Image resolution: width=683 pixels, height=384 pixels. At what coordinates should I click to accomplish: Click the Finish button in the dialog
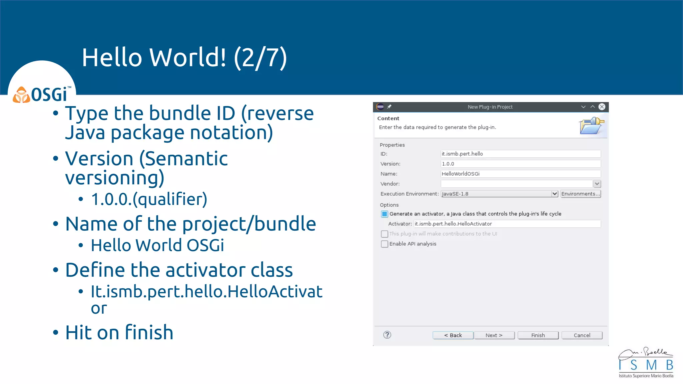click(x=538, y=335)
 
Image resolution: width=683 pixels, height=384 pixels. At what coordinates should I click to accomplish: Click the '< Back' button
click(x=453, y=335)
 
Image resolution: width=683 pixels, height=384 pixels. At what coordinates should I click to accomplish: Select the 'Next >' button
click(x=494, y=335)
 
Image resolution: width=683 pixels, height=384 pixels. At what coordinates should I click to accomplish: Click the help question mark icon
click(x=387, y=335)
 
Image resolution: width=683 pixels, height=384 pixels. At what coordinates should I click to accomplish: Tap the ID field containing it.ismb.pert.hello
click(x=520, y=154)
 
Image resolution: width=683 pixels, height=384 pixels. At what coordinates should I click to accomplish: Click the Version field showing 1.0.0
click(x=520, y=164)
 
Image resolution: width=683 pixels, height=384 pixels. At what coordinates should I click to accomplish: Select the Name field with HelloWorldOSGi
click(x=520, y=174)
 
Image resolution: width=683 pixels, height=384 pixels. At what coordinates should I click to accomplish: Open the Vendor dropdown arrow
click(x=597, y=184)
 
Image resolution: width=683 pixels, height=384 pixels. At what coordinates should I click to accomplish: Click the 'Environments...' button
click(x=581, y=194)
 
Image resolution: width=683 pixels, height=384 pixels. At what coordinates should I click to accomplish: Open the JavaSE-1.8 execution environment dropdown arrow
click(x=554, y=194)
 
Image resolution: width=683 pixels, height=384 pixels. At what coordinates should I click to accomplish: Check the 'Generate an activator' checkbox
click(x=385, y=214)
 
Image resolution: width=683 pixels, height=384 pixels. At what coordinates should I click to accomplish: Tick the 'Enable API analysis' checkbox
click(x=385, y=244)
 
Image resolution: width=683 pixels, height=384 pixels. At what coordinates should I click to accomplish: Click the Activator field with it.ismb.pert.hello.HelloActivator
click(x=507, y=224)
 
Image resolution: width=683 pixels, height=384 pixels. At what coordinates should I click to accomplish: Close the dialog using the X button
click(x=602, y=107)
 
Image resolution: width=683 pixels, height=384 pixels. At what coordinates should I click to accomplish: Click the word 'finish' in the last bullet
click(x=149, y=333)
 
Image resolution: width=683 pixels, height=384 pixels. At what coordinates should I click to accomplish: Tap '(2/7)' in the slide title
click(x=260, y=58)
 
